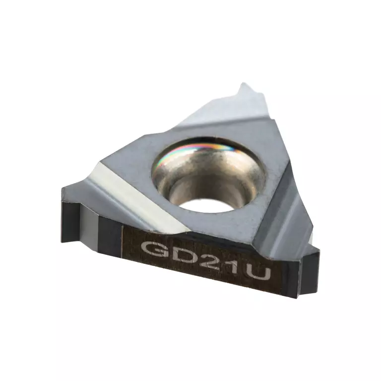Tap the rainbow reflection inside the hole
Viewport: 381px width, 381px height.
199,150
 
